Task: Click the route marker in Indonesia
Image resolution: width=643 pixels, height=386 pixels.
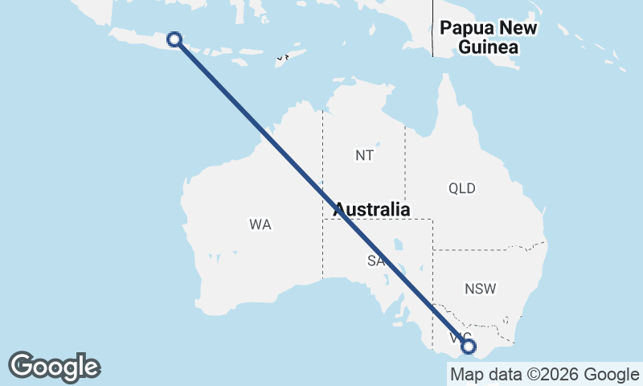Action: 174,39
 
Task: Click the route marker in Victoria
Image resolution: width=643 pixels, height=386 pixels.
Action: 469,347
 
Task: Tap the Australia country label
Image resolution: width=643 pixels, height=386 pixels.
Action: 371,210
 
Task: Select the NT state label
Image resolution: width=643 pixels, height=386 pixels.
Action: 364,155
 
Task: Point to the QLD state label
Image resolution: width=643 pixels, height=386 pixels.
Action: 462,189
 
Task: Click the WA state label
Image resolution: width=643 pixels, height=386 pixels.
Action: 260,225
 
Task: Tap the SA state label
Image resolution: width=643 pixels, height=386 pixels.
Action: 375,261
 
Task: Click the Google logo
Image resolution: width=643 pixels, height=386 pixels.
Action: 55,367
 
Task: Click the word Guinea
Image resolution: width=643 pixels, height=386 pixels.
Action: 488,47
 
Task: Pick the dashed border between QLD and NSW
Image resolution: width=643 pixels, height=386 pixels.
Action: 490,248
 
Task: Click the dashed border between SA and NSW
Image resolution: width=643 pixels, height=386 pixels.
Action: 433,273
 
